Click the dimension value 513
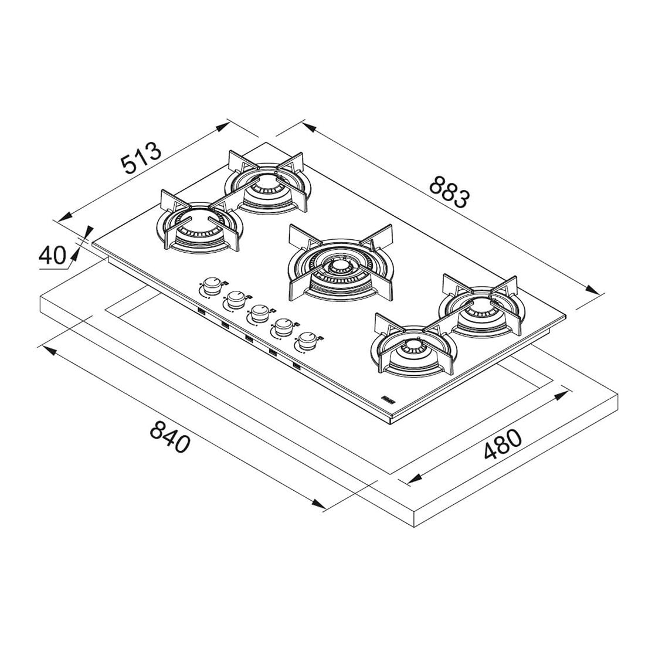[x=141, y=158]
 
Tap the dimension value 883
[x=449, y=192]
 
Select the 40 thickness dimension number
[x=52, y=256]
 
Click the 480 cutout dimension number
[x=503, y=444]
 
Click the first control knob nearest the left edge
[x=212, y=284]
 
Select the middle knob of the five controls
[x=260, y=313]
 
